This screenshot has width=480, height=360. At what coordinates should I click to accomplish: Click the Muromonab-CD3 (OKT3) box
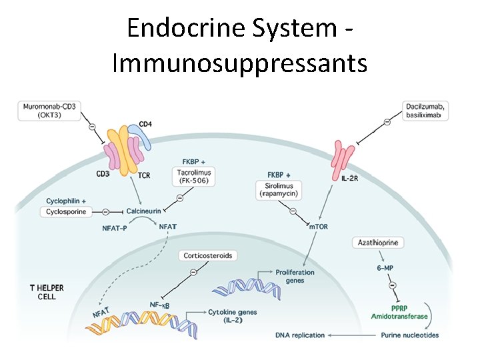click(x=49, y=110)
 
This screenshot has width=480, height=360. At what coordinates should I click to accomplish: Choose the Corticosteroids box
click(x=208, y=255)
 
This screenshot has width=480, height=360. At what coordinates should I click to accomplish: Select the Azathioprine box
click(x=377, y=243)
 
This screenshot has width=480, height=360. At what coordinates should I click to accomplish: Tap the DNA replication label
click(x=300, y=335)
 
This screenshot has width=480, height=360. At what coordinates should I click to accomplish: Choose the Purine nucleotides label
click(x=409, y=335)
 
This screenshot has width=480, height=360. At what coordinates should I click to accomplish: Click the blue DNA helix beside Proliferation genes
click(x=239, y=287)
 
